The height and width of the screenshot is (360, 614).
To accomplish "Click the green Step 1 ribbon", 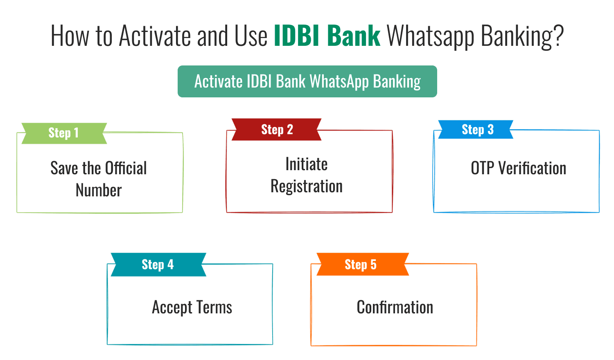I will coord(64,133).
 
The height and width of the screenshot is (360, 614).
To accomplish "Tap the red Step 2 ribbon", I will coord(277,130).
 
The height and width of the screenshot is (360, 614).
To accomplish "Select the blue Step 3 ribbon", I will coord(476,130).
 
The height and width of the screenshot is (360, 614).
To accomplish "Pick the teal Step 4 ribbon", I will coord(158,265).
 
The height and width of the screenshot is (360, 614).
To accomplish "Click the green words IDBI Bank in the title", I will coord(327,36).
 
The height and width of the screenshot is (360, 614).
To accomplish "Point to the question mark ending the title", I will coord(558,36).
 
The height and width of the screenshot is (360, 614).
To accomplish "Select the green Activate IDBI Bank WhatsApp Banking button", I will coord(307,81).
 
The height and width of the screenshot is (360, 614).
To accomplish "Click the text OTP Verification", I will coord(518,168).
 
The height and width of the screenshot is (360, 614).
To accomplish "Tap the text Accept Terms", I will coord(192,307).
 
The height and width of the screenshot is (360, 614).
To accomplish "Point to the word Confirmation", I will coord(395,307).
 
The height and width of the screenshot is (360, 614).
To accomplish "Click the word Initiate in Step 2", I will coord(307,164).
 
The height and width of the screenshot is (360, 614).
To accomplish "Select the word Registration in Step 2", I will coord(307,187).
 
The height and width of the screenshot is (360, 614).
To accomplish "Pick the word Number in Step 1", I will coord(99,190).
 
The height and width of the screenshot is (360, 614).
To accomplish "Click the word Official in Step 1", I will coord(126,168).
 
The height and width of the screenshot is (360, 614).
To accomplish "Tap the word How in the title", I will coord(70,36).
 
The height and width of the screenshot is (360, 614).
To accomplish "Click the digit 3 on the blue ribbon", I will coord(490,130).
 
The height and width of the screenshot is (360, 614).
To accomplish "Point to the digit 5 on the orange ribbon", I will coord(373,265).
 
